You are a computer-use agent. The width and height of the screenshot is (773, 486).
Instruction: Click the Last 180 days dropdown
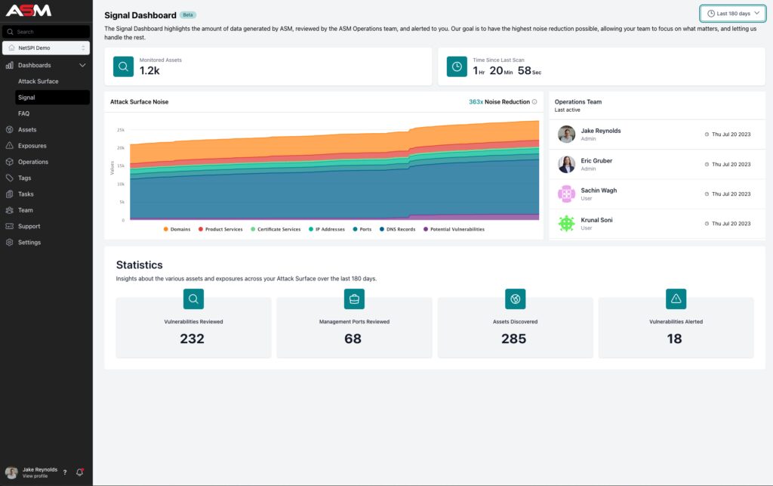[x=732, y=14]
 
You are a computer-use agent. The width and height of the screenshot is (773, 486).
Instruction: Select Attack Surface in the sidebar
[x=38, y=81]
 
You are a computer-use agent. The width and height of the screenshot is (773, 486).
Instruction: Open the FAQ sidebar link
[x=23, y=113]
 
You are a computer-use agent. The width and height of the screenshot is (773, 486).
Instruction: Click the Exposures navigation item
[x=32, y=146]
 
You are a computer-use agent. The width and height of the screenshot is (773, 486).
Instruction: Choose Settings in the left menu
[x=29, y=243]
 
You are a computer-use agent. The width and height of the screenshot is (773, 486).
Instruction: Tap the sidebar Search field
[x=46, y=32]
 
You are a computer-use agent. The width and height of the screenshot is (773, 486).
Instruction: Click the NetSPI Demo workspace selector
[x=46, y=48]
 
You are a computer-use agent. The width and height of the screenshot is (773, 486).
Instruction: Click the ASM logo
[x=28, y=11]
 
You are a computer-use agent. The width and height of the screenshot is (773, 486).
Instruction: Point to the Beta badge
[x=188, y=15]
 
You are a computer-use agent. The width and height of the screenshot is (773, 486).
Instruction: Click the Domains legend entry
[x=176, y=229]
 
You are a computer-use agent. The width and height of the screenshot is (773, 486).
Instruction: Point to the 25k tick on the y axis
[x=120, y=129]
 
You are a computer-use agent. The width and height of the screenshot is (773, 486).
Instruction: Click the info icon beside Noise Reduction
[x=534, y=102]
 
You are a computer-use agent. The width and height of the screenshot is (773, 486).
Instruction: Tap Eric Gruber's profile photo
[x=566, y=164]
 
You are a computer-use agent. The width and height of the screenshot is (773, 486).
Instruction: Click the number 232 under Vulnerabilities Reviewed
[x=192, y=339]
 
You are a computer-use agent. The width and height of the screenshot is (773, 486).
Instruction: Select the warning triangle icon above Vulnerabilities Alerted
[x=676, y=299]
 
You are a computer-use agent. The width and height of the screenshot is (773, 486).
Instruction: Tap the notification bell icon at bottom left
[x=79, y=472]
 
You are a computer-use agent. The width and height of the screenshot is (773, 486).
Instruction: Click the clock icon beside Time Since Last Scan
[x=457, y=67]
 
